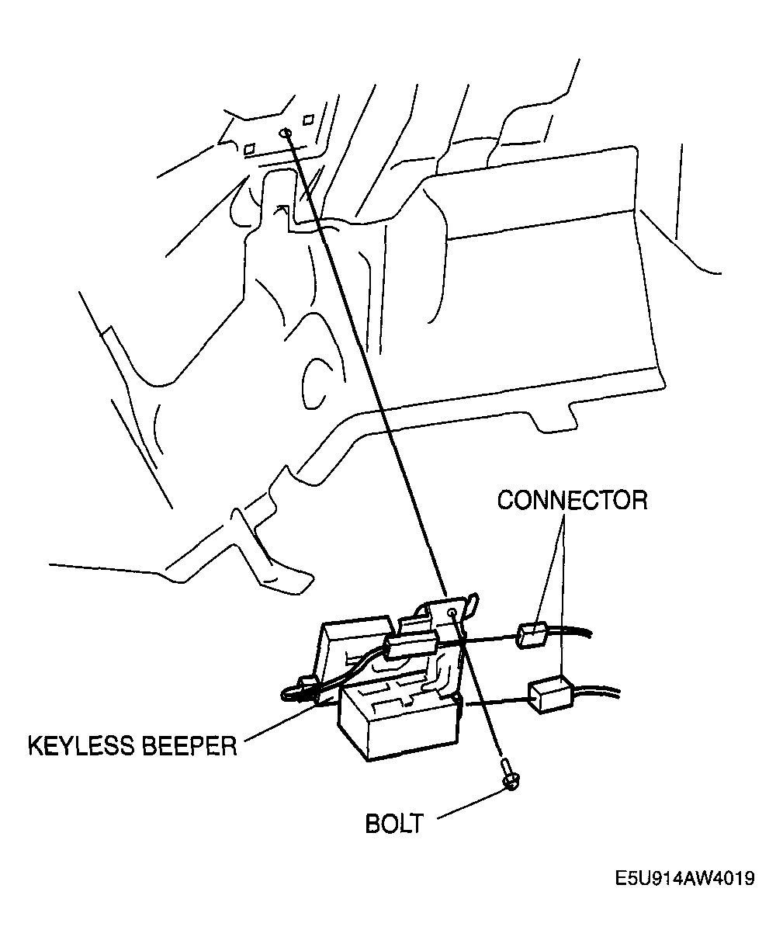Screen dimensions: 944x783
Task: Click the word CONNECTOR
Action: (x=572, y=500)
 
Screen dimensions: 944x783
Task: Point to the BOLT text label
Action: (x=394, y=823)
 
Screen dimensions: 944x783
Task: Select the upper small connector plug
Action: (x=532, y=635)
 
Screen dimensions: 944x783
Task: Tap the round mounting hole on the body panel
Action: (x=286, y=133)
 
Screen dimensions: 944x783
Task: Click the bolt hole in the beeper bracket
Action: (x=452, y=613)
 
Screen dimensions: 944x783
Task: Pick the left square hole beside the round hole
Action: (x=250, y=147)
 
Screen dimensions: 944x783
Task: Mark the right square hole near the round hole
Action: (x=308, y=120)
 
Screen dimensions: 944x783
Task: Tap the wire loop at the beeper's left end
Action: (x=299, y=690)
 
